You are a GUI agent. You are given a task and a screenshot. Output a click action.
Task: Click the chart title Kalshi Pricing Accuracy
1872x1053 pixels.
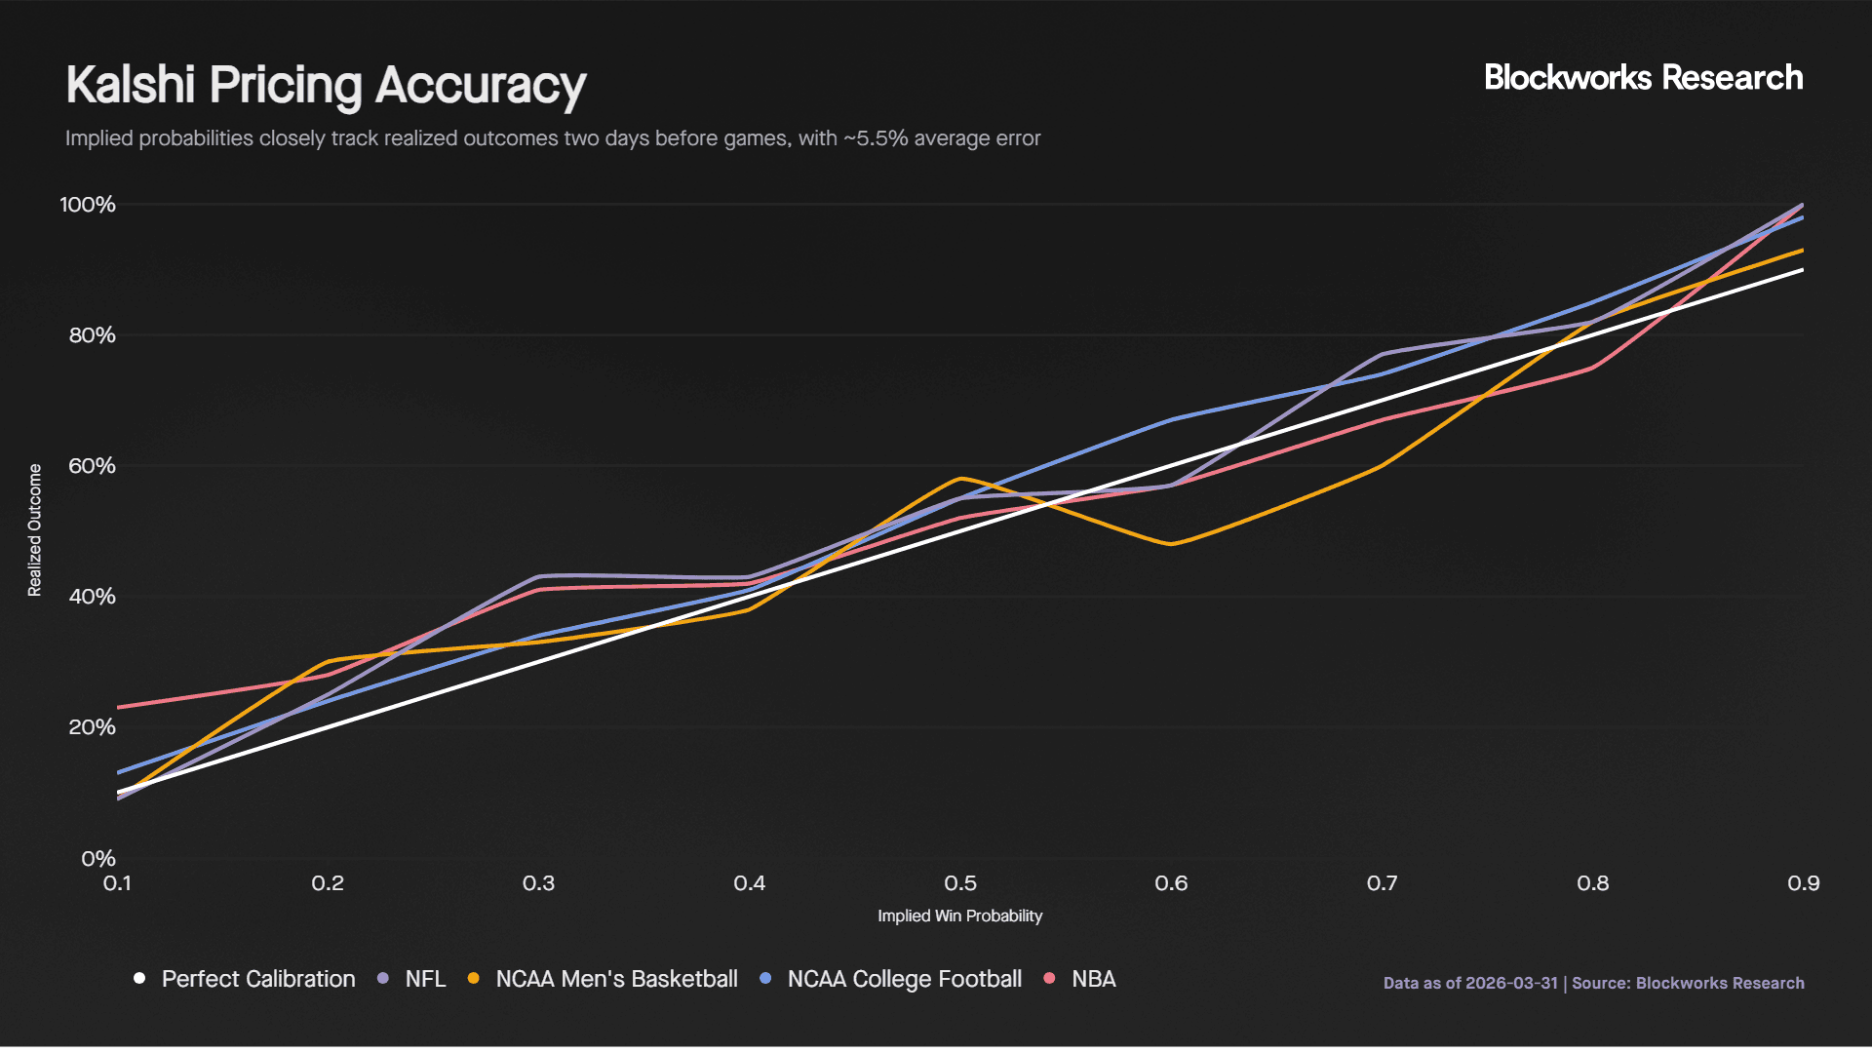click(x=326, y=85)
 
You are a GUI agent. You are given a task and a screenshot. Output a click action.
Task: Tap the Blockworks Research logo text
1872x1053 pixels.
click(x=1643, y=78)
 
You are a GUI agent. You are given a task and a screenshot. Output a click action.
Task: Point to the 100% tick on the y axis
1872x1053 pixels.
click(x=88, y=205)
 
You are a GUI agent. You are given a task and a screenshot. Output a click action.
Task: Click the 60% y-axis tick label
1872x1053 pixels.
click(x=92, y=466)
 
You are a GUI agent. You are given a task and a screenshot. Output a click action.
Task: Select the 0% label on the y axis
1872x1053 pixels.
click(x=97, y=859)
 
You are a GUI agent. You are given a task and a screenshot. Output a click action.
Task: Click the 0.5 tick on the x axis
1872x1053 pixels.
click(x=960, y=883)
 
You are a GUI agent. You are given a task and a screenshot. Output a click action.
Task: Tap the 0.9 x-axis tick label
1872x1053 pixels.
click(x=1803, y=883)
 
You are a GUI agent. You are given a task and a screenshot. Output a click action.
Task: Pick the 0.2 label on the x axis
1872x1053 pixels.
click(x=328, y=883)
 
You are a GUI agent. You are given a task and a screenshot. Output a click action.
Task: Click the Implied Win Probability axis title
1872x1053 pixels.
click(x=959, y=916)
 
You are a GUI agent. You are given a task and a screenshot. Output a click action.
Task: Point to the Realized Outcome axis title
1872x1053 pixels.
click(x=35, y=529)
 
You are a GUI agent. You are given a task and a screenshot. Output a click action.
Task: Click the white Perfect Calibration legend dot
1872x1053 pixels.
click(x=139, y=978)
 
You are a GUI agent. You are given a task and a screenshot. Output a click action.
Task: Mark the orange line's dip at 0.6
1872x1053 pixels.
click(x=1171, y=544)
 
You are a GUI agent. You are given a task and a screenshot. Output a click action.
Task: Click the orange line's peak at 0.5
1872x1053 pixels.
click(x=961, y=479)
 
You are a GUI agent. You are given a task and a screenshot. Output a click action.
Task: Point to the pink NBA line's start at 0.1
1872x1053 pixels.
click(x=119, y=707)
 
